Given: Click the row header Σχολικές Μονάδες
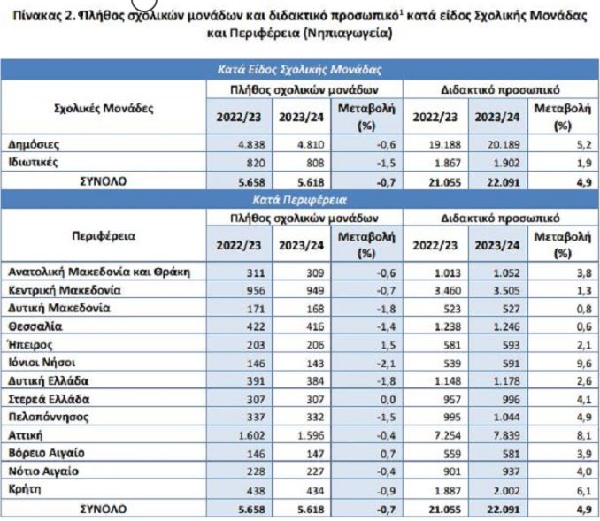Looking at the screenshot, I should point(104,108).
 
